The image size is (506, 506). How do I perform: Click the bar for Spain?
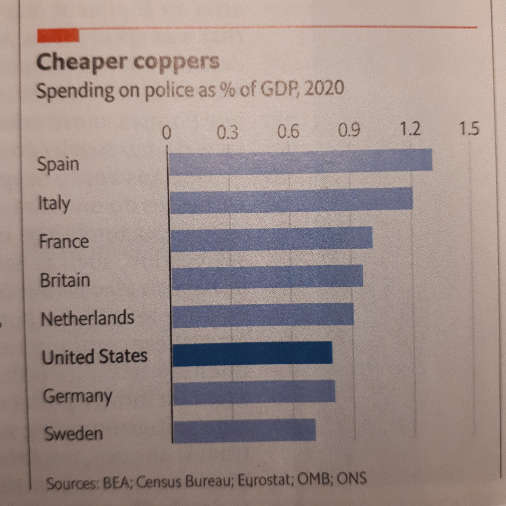(x=300, y=162)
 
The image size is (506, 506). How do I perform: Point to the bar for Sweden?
(x=244, y=430)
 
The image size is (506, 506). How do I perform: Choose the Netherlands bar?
(x=263, y=315)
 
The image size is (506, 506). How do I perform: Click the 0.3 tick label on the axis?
(x=228, y=132)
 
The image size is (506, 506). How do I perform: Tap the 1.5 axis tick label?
(x=469, y=129)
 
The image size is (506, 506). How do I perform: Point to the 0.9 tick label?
(x=349, y=130)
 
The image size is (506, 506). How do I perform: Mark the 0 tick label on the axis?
(x=167, y=132)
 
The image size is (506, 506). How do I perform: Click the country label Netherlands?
(x=88, y=318)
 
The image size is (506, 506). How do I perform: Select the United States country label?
(x=95, y=356)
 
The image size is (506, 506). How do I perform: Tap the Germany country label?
(x=78, y=396)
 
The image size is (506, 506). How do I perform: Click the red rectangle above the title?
(x=58, y=36)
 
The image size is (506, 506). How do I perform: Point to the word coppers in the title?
(x=176, y=62)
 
